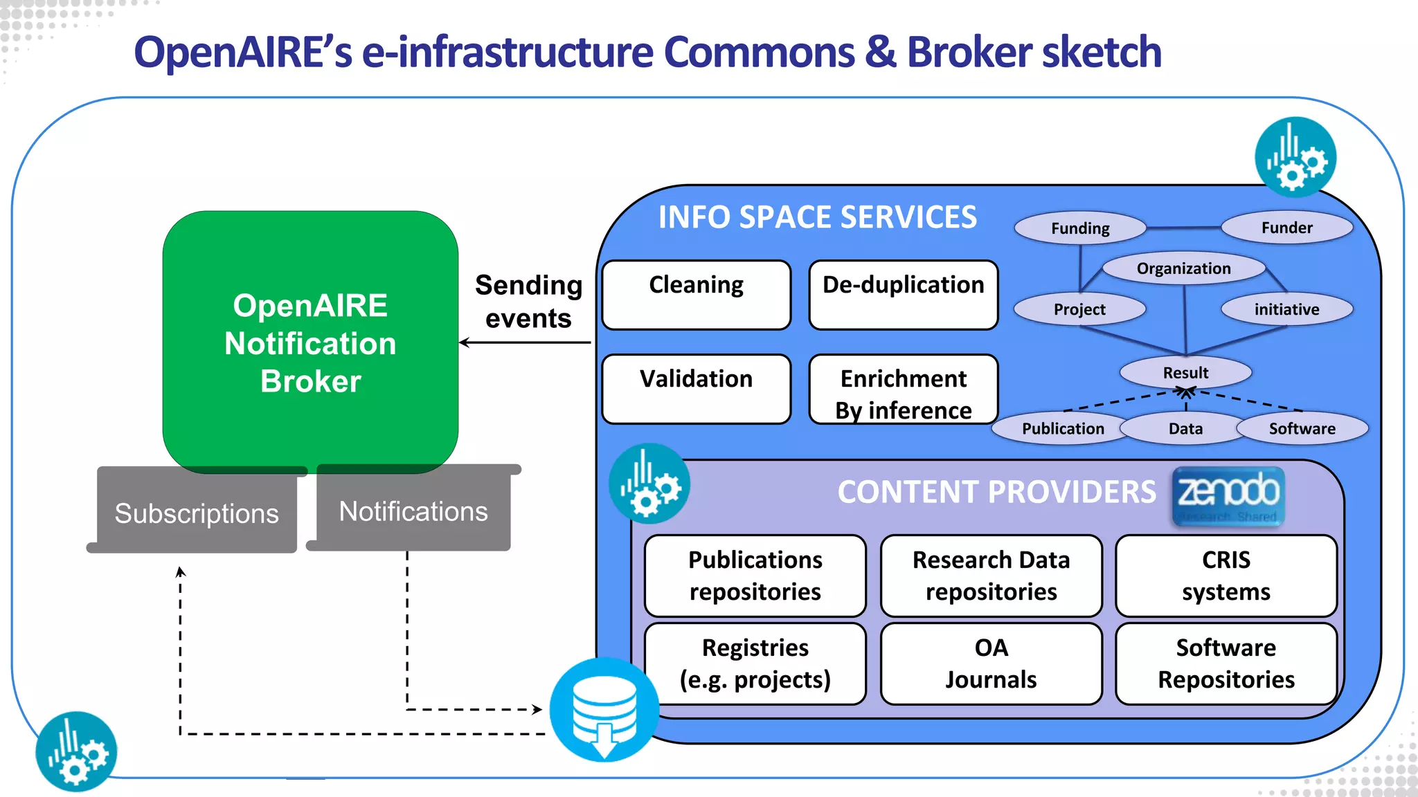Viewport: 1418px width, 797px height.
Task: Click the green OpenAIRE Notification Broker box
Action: [310, 342]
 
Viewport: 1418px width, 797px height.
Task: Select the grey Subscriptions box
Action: [197, 513]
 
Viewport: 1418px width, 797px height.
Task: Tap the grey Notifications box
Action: [413, 511]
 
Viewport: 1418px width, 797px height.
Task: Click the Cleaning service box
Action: [696, 295]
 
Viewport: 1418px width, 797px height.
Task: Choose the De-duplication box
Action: [903, 295]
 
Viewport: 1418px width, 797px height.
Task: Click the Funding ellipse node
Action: [1079, 228]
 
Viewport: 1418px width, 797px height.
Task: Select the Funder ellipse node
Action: [1286, 228]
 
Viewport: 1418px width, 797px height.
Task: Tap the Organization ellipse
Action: [1183, 268]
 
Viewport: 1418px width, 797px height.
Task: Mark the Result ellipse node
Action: [1185, 372]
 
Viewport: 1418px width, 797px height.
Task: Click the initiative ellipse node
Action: [1286, 309]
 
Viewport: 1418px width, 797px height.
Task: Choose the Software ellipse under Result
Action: [1302, 428]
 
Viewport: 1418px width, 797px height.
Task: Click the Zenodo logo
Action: [1228, 496]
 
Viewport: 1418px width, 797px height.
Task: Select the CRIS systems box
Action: [1226, 575]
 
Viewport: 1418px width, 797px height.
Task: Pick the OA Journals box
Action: [991, 663]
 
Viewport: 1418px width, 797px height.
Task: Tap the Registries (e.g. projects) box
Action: [755, 663]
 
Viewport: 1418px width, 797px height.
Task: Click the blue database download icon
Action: [604, 709]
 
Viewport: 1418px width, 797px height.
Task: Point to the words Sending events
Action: [528, 302]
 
